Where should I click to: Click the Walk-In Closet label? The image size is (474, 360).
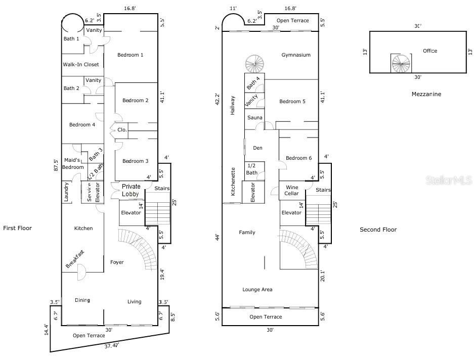[81, 65]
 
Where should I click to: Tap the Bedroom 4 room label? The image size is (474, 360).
[82, 125]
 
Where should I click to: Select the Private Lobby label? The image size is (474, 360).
[131, 191]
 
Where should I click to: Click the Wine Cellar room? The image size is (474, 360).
[292, 190]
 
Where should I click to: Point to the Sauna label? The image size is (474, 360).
[255, 118]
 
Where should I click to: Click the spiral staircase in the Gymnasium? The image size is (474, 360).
[254, 64]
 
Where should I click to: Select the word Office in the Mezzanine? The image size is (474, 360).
[430, 51]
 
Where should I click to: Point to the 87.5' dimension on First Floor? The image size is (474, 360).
[57, 165]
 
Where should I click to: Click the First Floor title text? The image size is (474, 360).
[18, 229]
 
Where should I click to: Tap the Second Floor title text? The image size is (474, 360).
[378, 230]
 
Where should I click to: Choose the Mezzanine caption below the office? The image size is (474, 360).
[426, 94]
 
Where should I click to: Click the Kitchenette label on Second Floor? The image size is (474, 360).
[233, 182]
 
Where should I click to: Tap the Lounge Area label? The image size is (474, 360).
[257, 290]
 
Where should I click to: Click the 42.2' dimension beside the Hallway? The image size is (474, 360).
[218, 99]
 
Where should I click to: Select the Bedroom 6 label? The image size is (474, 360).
[298, 158]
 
